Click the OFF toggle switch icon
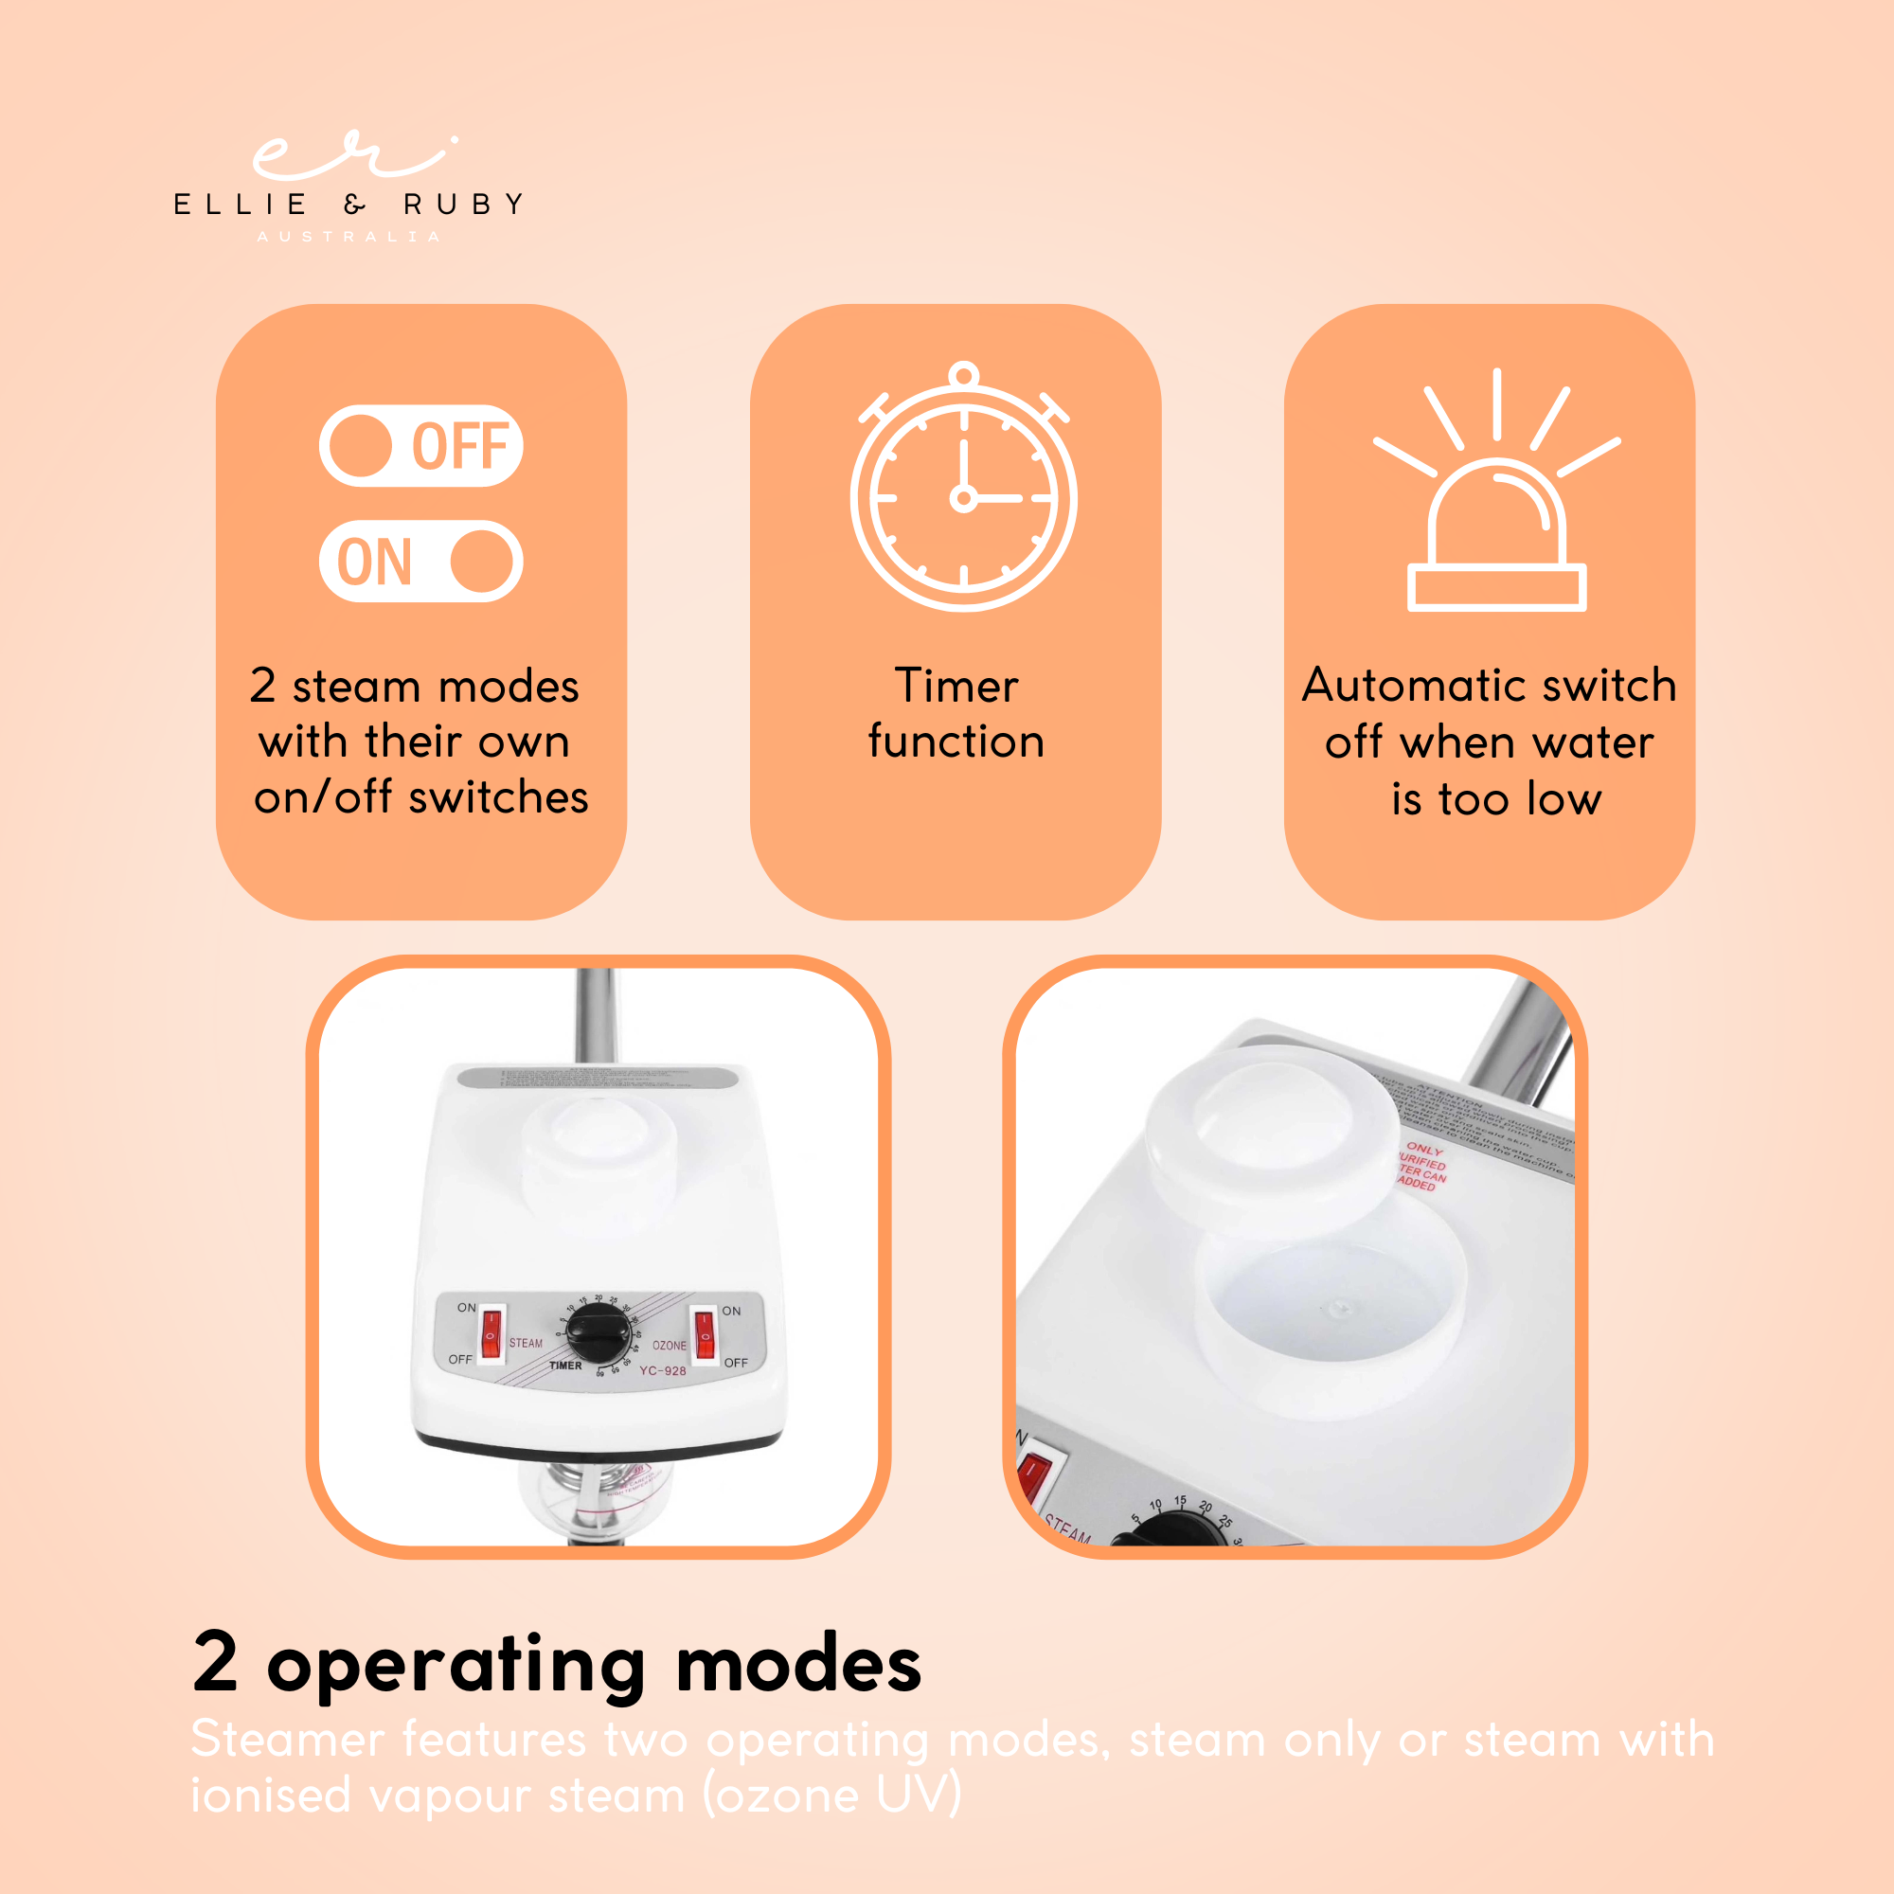[420, 446]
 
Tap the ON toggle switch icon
[420, 561]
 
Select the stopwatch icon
[964, 491]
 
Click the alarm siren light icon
[1496, 500]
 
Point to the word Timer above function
[956, 686]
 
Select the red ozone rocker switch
[704, 1335]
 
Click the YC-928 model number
[663, 1370]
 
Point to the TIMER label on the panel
[565, 1366]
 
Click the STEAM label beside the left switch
[526, 1343]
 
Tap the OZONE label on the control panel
[670, 1345]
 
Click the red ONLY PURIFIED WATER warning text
[1422, 1166]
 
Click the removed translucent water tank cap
[1273, 1127]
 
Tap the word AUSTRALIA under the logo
[348, 236]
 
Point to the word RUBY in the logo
[464, 204]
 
